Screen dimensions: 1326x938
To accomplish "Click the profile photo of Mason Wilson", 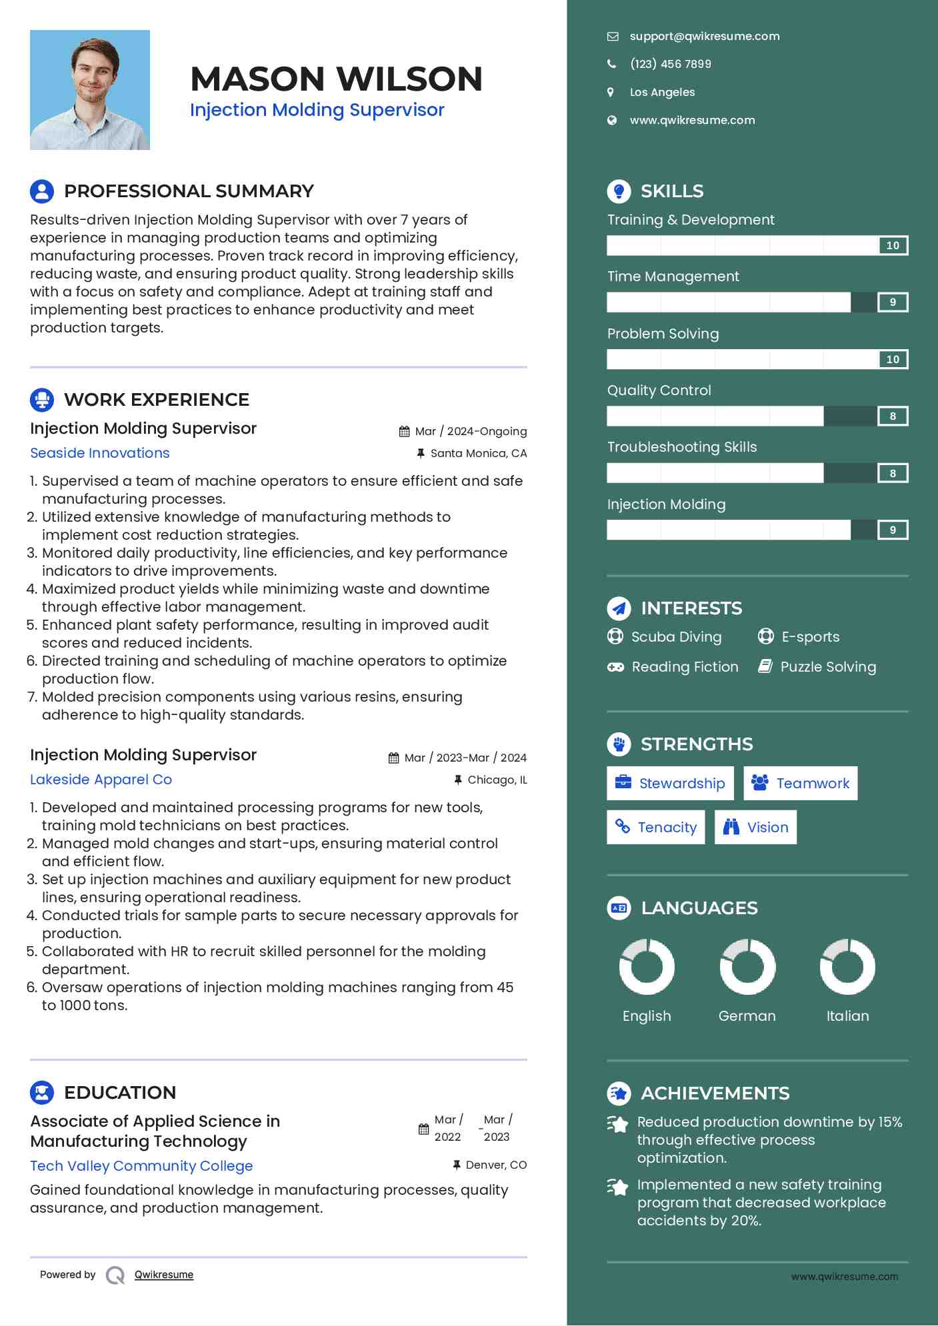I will pos(90,90).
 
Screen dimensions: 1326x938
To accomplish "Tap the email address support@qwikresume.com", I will pos(704,37).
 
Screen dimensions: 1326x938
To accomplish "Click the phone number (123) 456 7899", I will pos(670,64).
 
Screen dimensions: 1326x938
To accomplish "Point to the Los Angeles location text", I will pos(662,93).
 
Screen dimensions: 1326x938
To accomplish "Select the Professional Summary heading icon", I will pos(42,191).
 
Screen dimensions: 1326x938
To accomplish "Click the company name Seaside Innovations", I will pos(100,453).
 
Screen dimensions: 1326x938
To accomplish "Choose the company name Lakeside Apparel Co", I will pos(101,780).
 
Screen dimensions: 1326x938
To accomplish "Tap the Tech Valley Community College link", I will pos(141,1166).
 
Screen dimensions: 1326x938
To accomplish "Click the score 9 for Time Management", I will pos(893,303).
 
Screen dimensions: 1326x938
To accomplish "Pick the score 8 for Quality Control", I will pos(893,416).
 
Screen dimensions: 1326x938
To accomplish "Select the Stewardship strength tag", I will pos(670,784).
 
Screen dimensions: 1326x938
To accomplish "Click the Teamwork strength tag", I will pos(800,784).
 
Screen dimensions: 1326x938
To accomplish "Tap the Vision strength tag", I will pos(755,828).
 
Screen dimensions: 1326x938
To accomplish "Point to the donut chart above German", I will pos(747,967).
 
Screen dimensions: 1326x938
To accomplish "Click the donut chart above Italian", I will pos(847,967).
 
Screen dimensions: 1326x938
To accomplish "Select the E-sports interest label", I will pos(810,637).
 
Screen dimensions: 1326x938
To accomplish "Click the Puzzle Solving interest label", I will pos(828,667).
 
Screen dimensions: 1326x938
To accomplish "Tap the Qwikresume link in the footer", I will pos(164,1275).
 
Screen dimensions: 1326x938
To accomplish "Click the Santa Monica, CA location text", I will pos(478,454).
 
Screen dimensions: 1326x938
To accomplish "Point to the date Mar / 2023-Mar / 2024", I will pos(465,758).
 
